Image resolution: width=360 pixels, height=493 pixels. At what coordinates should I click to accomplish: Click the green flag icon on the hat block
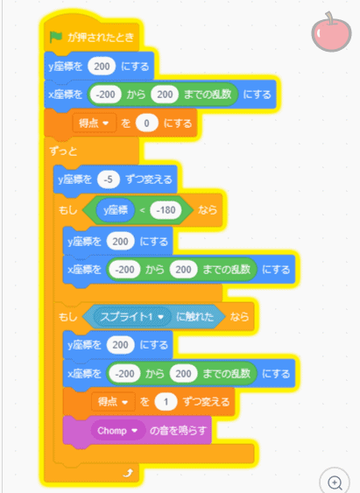pyautogui.click(x=56, y=37)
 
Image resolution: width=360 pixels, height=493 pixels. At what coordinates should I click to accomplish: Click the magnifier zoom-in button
pyautogui.click(x=335, y=482)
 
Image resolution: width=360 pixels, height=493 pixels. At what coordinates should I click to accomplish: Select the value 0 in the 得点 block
pyautogui.click(x=146, y=123)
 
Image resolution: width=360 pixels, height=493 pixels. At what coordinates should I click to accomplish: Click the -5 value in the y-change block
pyautogui.click(x=108, y=180)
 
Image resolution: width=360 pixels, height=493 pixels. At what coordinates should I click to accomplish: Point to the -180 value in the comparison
pyautogui.click(x=166, y=210)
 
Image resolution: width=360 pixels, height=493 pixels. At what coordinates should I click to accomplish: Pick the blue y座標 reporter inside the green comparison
pyautogui.click(x=116, y=210)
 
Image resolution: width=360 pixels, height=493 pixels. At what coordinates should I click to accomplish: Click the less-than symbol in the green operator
pyautogui.click(x=143, y=210)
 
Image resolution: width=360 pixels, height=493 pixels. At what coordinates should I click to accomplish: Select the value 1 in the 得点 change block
pyautogui.click(x=166, y=402)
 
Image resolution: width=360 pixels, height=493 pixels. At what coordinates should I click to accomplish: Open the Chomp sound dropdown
pyautogui.click(x=118, y=431)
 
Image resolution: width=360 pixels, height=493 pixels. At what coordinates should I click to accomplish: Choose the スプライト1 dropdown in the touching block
pyautogui.click(x=132, y=317)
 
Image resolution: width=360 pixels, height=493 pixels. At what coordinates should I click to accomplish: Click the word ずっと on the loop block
pyautogui.click(x=63, y=151)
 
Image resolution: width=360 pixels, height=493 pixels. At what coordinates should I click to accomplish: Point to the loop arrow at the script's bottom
pyautogui.click(x=128, y=473)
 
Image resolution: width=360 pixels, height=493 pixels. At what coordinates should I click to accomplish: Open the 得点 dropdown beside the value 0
pyautogui.click(x=94, y=123)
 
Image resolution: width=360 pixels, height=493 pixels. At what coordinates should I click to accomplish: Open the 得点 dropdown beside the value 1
pyautogui.click(x=113, y=402)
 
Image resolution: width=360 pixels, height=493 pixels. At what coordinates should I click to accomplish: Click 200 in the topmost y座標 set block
pyautogui.click(x=102, y=67)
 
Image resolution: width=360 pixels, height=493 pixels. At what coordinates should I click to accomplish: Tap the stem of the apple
pyautogui.click(x=329, y=18)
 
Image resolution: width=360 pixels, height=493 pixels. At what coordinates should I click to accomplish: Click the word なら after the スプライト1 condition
pyautogui.click(x=239, y=317)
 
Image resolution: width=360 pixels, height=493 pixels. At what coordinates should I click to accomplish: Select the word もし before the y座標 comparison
pyautogui.click(x=67, y=210)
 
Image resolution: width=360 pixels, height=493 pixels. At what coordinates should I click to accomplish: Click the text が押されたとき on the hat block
pyautogui.click(x=101, y=38)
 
